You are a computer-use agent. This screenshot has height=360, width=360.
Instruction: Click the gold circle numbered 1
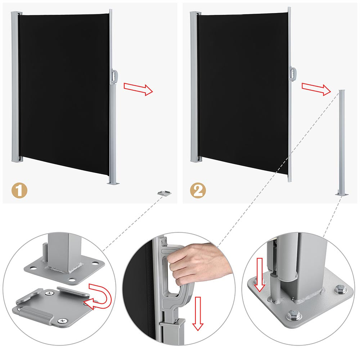pos(19,190)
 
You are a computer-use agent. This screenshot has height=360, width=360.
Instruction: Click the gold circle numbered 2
pos(198,190)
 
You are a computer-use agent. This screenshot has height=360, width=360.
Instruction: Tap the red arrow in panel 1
pos(138,89)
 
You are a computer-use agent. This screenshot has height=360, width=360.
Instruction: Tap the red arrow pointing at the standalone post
pos(316,89)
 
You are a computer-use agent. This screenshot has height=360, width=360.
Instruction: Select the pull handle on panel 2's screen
pos(293,74)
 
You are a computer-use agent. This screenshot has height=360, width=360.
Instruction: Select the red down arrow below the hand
pos(198,314)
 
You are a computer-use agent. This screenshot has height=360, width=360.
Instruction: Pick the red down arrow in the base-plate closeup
pos(260,275)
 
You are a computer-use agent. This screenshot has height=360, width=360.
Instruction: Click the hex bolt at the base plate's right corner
pos(340,289)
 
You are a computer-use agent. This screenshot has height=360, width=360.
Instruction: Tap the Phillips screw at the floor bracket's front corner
pos(62,321)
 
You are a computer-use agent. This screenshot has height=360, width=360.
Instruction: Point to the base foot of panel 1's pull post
pos(113,183)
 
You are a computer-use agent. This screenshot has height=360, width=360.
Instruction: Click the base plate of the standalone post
pos(342,194)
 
